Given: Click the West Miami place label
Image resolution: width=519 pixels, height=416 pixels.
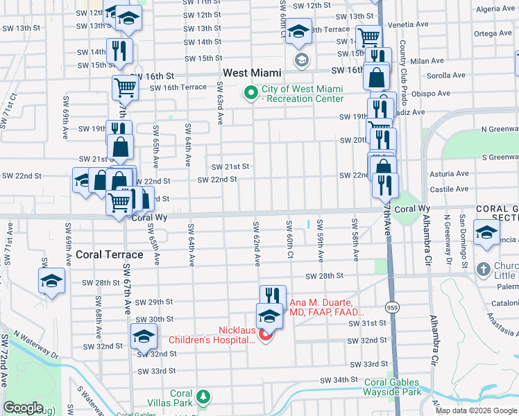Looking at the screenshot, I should click(252, 73).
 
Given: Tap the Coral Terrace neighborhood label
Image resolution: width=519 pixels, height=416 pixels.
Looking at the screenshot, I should click(110, 254).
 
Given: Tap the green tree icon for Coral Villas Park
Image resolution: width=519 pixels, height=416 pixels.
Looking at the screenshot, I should click(203, 397).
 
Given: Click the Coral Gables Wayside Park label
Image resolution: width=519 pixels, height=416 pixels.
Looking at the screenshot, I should click(392, 387).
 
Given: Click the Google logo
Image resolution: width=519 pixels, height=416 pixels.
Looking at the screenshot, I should click(22, 408).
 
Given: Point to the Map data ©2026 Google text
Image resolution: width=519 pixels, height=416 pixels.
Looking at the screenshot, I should click(476, 410).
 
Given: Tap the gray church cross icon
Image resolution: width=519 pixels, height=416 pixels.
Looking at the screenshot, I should click(484, 267).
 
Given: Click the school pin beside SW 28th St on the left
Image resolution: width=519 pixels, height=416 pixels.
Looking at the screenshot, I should click(51, 281).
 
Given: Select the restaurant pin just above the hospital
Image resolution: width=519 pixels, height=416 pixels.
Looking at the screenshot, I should click(273, 297).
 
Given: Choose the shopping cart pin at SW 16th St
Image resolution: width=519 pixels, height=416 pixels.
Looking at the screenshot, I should click(125, 87).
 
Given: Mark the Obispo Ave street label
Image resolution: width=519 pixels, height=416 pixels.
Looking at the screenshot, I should click(430, 93).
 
